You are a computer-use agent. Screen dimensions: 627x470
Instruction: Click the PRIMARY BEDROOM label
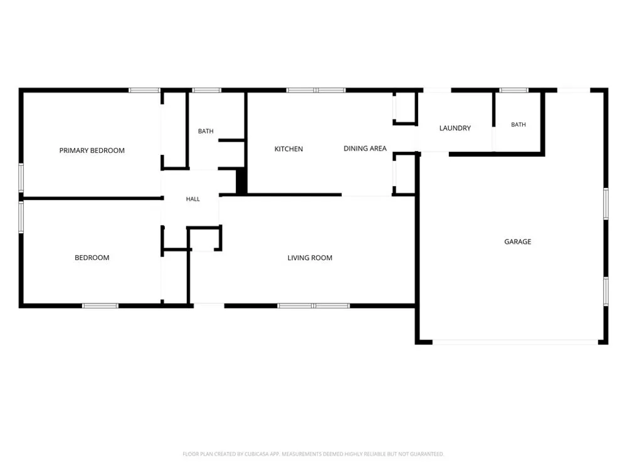92,150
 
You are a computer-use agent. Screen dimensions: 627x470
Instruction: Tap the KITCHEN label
288,149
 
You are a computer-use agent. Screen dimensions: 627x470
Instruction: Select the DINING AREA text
365,149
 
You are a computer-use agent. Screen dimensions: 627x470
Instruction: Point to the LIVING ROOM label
310,258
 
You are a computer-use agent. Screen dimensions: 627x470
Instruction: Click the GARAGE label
518,242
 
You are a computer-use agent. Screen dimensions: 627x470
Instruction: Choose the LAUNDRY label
455,128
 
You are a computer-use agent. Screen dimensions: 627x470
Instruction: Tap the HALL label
192,199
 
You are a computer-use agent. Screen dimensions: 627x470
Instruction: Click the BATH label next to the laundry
519,125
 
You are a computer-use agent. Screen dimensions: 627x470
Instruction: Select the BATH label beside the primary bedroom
206,131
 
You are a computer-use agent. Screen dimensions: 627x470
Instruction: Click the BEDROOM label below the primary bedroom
92,258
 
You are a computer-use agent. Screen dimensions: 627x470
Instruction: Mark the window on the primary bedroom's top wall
144,90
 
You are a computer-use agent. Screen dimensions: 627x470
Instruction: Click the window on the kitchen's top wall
316,90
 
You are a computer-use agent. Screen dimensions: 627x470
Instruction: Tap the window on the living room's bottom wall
313,306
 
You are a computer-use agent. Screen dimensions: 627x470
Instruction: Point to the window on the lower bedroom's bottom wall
100,306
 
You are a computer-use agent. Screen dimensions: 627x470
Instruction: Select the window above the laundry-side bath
514,90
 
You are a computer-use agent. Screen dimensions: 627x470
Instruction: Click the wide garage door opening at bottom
515,342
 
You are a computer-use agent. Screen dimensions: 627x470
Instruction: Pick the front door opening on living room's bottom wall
209,306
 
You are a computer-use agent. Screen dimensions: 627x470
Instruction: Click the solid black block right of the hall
241,181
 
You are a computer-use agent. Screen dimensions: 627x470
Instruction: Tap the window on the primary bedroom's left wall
21,177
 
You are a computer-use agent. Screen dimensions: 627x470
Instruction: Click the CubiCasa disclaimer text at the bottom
313,454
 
